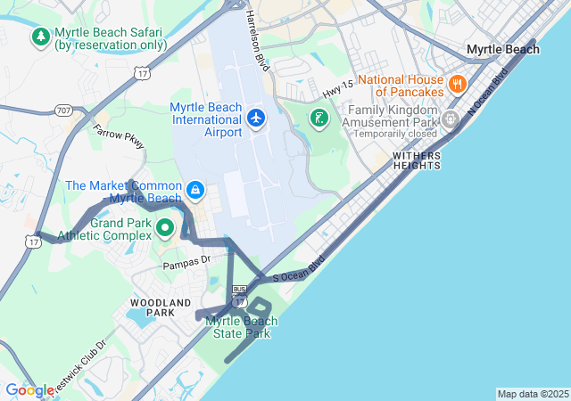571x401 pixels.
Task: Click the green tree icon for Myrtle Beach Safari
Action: [40, 37]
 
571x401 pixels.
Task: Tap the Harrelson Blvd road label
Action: [256, 40]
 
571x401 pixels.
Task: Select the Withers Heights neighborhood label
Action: [417, 160]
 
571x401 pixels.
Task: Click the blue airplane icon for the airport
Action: [257, 118]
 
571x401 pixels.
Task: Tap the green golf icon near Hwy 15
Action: [318, 118]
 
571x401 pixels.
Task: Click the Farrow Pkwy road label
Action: [118, 136]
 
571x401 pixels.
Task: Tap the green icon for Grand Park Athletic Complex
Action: [165, 228]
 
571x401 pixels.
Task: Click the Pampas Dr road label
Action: [186, 262]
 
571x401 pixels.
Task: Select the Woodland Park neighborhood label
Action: [153, 307]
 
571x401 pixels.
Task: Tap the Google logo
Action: [29, 389]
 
